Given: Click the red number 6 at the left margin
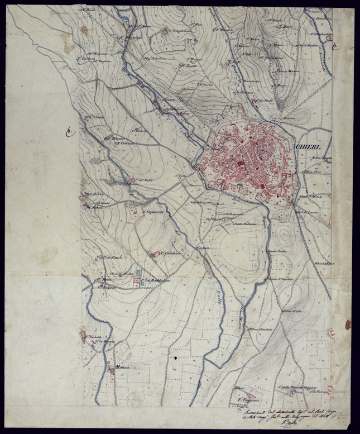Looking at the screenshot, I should coord(69,132).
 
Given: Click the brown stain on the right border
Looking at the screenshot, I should coord(348,325).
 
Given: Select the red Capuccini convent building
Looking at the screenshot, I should coord(135,212).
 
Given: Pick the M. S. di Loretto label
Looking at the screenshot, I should coord(306,212).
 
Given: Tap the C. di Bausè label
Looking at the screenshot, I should coord(112,257).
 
